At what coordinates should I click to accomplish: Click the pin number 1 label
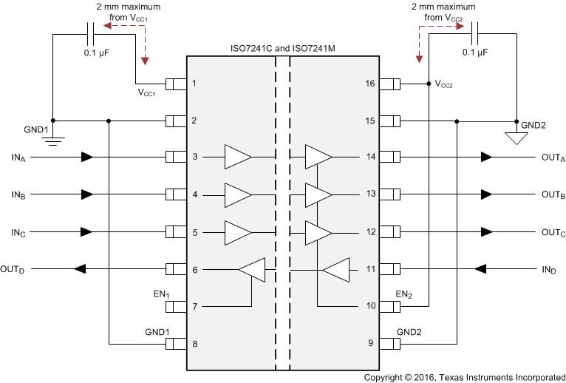[194, 83]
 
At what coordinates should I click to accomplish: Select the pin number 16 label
[370, 83]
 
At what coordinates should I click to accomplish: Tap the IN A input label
[18, 157]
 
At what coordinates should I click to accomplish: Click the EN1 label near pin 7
[160, 295]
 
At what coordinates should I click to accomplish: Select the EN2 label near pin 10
[403, 295]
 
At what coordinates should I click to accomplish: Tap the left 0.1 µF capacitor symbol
[92, 33]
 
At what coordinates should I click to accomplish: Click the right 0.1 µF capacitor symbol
[475, 33]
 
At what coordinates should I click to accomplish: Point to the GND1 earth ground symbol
[52, 138]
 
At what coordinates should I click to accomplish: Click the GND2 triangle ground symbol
[516, 137]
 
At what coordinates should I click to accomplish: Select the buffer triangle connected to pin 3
[238, 157]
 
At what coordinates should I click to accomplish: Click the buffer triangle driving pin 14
[318, 157]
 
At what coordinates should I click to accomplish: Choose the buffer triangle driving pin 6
[252, 269]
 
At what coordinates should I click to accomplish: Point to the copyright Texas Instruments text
[464, 376]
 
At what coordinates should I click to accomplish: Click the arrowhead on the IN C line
[87, 231]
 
